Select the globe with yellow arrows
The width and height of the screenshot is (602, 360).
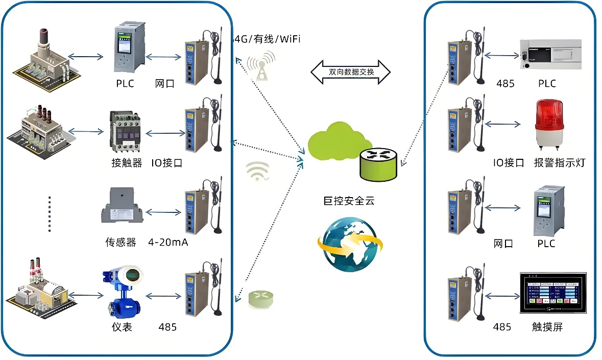point(349,244)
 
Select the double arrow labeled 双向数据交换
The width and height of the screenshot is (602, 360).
point(350,72)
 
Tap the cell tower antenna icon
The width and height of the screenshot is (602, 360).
point(260,68)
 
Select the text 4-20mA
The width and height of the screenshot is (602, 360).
point(168,242)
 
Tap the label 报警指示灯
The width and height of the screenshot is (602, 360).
point(559,163)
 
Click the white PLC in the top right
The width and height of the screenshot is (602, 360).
point(550,55)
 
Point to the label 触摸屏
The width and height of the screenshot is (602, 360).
point(547,327)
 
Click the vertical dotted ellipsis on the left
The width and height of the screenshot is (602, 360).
point(50,213)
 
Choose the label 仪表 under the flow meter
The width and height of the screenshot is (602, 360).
point(122,327)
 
